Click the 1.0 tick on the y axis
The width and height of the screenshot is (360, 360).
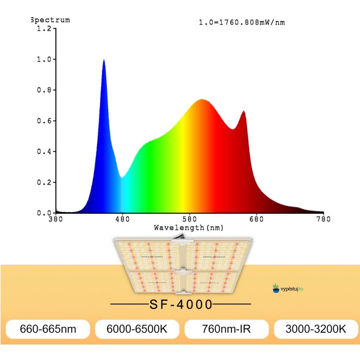point(44,59)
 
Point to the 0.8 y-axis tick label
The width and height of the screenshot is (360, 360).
point(44,90)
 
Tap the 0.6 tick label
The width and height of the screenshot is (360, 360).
point(44,121)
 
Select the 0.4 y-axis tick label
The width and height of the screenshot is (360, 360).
point(44,152)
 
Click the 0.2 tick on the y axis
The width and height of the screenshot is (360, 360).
point(44,182)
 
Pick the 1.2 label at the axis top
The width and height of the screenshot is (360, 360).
point(44,28)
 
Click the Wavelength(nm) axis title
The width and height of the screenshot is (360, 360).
point(189,228)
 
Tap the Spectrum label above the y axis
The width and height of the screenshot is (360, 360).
point(50,20)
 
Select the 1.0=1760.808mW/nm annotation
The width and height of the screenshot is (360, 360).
point(242,22)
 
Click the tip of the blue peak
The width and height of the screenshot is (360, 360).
point(104,60)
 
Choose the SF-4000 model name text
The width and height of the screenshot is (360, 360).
point(181,304)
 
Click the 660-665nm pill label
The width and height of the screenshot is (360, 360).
point(48,329)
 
